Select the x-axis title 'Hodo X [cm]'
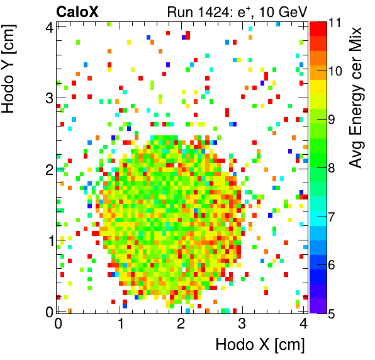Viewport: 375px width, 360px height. pyautogui.click(x=260, y=345)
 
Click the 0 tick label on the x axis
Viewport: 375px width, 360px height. pyautogui.click(x=58, y=324)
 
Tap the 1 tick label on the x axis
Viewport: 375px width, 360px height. pyautogui.click(x=119, y=324)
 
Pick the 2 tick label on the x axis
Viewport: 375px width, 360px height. pyautogui.click(x=181, y=324)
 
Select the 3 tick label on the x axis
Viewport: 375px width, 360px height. pyautogui.click(x=242, y=324)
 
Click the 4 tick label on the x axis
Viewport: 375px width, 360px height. pyautogui.click(x=303, y=324)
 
